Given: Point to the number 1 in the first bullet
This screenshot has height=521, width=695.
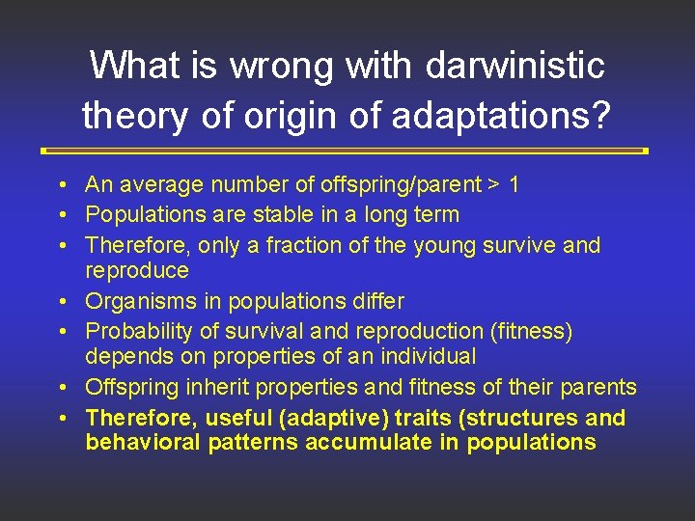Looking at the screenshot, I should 514,184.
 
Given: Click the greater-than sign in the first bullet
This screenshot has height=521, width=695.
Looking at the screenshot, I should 492,184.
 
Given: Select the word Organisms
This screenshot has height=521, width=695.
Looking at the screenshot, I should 132,301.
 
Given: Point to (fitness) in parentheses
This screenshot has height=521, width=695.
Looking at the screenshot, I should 532,331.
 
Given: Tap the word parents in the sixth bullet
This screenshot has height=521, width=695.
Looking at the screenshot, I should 599,387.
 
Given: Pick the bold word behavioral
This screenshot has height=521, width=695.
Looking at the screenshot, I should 139,443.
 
